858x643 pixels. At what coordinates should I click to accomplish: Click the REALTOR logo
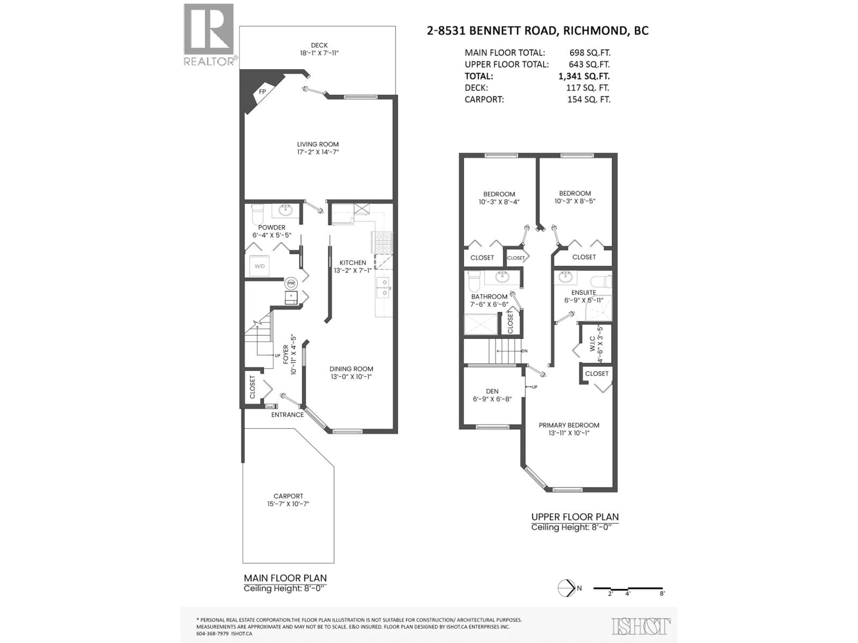click(209, 35)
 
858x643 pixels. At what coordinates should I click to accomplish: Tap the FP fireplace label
click(262, 92)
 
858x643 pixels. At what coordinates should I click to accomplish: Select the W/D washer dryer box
click(259, 266)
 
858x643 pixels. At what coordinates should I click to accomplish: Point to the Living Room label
click(318, 144)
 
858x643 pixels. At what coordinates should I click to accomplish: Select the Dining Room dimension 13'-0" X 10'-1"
click(351, 377)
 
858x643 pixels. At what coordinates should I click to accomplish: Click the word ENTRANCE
click(287, 415)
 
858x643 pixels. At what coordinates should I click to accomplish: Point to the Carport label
click(288, 496)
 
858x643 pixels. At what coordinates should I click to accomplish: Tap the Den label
click(492, 391)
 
